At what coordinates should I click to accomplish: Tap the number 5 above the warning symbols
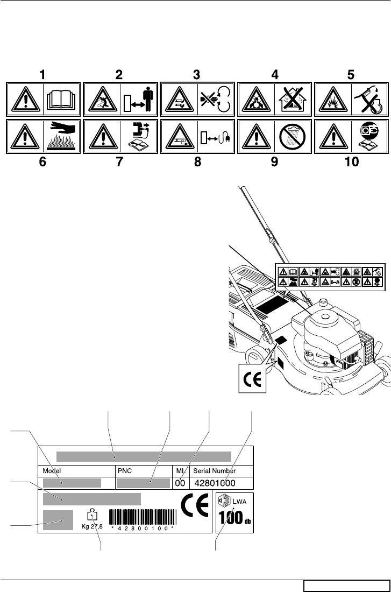[x=351, y=75]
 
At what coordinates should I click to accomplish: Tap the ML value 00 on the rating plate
[x=180, y=484]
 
